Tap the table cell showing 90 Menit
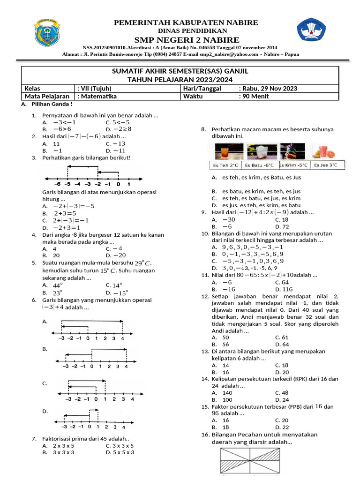255,97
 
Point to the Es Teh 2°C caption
225,165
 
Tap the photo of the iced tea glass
225,151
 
